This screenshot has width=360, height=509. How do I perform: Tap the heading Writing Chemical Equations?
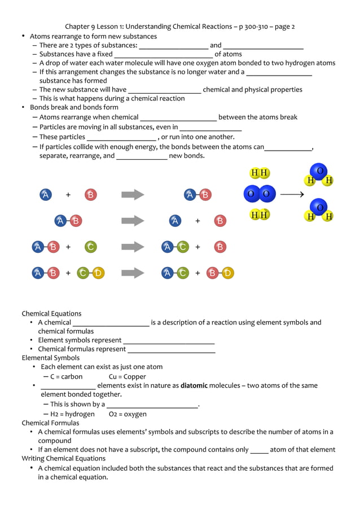[63, 458]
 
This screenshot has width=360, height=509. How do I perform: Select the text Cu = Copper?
[127, 376]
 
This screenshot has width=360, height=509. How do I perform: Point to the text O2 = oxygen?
[128, 414]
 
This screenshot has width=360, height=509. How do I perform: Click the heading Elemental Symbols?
[51, 358]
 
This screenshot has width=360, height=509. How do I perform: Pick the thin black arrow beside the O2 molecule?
[292, 194]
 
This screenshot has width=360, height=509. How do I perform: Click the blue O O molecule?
[260, 194]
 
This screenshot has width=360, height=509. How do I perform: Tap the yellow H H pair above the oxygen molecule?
[260, 173]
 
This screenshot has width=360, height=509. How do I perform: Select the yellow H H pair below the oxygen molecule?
[260, 215]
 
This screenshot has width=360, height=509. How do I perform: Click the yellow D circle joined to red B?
[227, 273]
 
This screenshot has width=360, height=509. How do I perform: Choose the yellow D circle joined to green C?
[98, 273]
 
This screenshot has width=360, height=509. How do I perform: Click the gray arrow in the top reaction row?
[133, 195]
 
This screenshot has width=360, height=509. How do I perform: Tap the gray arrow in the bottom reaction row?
[133, 273]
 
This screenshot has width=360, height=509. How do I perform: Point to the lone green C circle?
[90, 247]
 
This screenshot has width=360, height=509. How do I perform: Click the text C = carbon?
[66, 376]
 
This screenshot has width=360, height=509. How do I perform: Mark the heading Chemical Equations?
[51, 313]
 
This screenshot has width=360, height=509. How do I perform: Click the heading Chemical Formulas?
[50, 423]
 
